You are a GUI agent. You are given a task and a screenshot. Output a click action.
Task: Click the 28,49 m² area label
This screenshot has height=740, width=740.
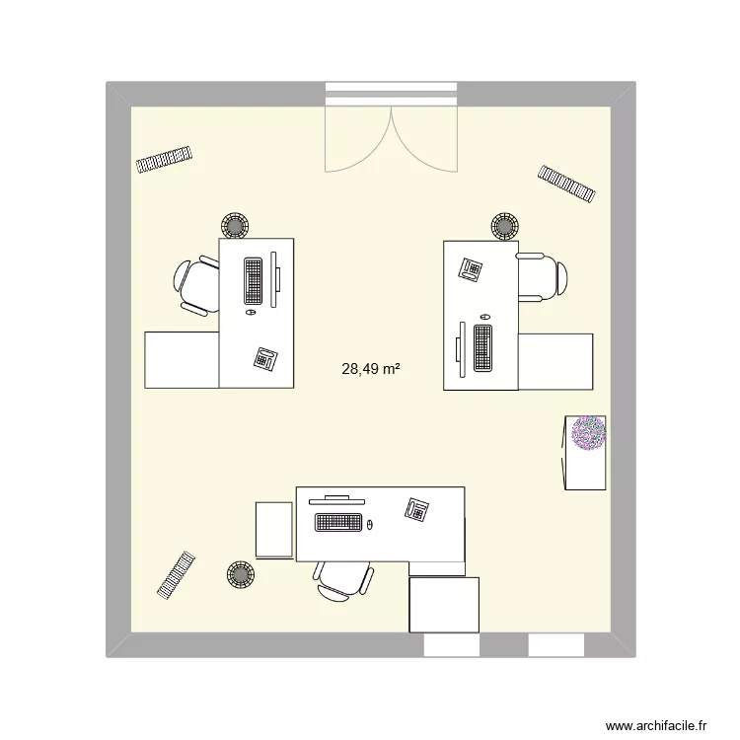[370, 370]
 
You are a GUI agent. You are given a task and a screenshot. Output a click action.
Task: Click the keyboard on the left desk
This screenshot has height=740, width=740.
[253, 280]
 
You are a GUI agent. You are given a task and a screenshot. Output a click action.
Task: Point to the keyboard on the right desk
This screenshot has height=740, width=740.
[483, 348]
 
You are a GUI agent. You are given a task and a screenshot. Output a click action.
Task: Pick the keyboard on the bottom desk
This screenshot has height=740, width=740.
[337, 522]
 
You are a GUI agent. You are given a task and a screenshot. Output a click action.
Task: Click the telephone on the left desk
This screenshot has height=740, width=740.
[265, 358]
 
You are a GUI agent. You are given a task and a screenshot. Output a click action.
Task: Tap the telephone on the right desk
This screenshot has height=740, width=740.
[470, 267]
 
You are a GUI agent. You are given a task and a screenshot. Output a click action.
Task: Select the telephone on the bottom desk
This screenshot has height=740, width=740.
[416, 509]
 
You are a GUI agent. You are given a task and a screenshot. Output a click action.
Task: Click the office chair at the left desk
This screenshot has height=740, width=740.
[197, 285]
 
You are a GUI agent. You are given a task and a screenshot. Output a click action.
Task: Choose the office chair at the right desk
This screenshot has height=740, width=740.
[542, 276]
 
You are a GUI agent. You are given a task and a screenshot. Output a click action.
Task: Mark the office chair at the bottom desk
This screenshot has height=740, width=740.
[343, 579]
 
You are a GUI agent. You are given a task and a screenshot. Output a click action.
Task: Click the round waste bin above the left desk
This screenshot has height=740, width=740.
[236, 226]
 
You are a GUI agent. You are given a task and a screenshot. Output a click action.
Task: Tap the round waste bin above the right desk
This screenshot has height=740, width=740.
[505, 226]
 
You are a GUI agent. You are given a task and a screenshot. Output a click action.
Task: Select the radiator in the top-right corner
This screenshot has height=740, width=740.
[567, 183]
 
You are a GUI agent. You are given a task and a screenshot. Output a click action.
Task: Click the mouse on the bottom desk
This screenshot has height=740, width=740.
[371, 524]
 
